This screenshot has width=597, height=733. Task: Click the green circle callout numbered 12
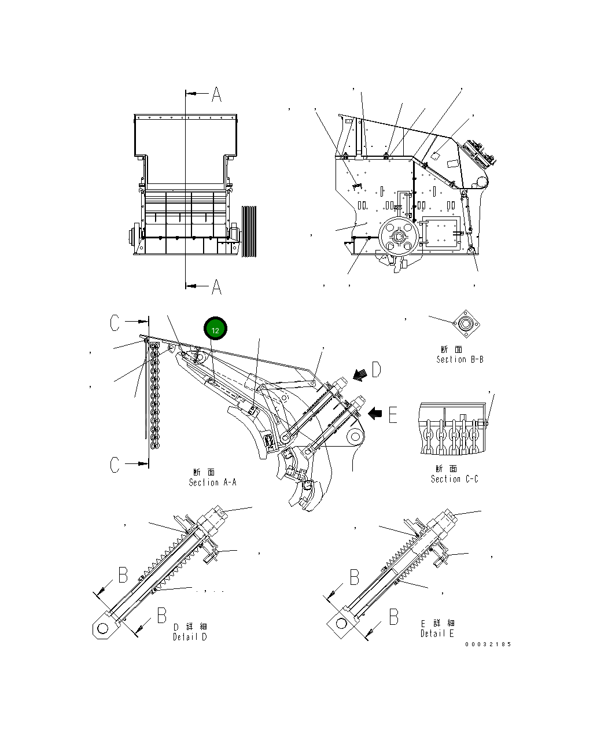[x=215, y=329]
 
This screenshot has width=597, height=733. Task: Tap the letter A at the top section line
[x=216, y=94]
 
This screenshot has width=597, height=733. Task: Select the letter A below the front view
[x=216, y=286]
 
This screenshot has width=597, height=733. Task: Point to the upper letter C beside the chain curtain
[x=116, y=323]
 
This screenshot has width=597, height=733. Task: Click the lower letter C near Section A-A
[x=116, y=464]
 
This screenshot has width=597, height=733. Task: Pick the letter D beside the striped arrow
[x=376, y=369]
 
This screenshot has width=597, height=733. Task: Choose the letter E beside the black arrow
[x=393, y=414]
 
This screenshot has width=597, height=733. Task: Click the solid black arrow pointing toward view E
[x=375, y=413]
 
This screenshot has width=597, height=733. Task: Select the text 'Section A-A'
[x=212, y=482]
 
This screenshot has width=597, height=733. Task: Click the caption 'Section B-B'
[x=460, y=359]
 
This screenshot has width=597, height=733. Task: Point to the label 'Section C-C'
[x=454, y=479]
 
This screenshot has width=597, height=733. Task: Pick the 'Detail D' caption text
[x=190, y=637]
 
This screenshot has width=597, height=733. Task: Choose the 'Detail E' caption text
[x=437, y=633]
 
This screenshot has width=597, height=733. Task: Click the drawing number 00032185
[x=488, y=644]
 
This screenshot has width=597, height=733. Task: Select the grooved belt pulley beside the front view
[x=249, y=231]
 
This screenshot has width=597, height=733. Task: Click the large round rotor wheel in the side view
[x=398, y=237]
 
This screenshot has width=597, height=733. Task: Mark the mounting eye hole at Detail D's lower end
[x=102, y=628]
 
